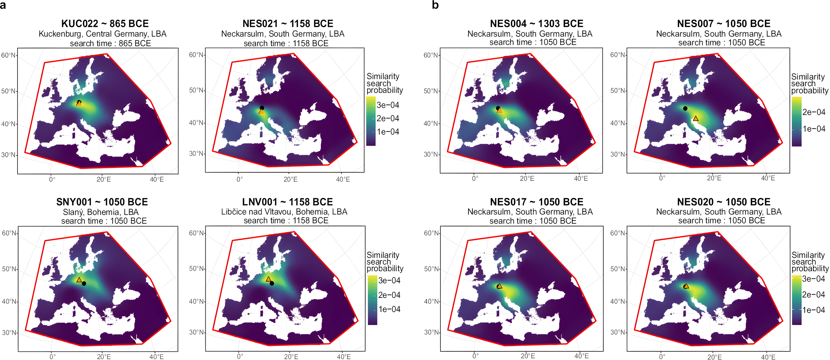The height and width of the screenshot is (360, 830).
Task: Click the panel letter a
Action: click(3, 5)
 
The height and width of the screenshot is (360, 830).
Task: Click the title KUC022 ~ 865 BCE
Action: click(105, 24)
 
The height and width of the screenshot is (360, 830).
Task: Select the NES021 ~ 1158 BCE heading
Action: click(288, 24)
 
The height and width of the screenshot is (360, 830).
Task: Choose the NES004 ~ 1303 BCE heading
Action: click(536, 24)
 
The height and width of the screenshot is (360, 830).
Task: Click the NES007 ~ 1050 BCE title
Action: click(724, 24)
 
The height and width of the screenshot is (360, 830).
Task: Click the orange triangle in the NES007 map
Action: click(696, 119)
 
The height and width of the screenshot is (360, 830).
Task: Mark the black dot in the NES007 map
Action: click(685, 109)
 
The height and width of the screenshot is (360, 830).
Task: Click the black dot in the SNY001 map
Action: click(84, 284)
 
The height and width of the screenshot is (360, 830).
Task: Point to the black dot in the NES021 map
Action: click(262, 108)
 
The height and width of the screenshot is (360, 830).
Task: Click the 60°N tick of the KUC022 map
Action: click(8, 55)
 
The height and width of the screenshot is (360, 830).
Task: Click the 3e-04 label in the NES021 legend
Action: click(388, 105)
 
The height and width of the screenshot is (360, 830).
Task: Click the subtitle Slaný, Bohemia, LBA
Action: click(101, 212)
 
